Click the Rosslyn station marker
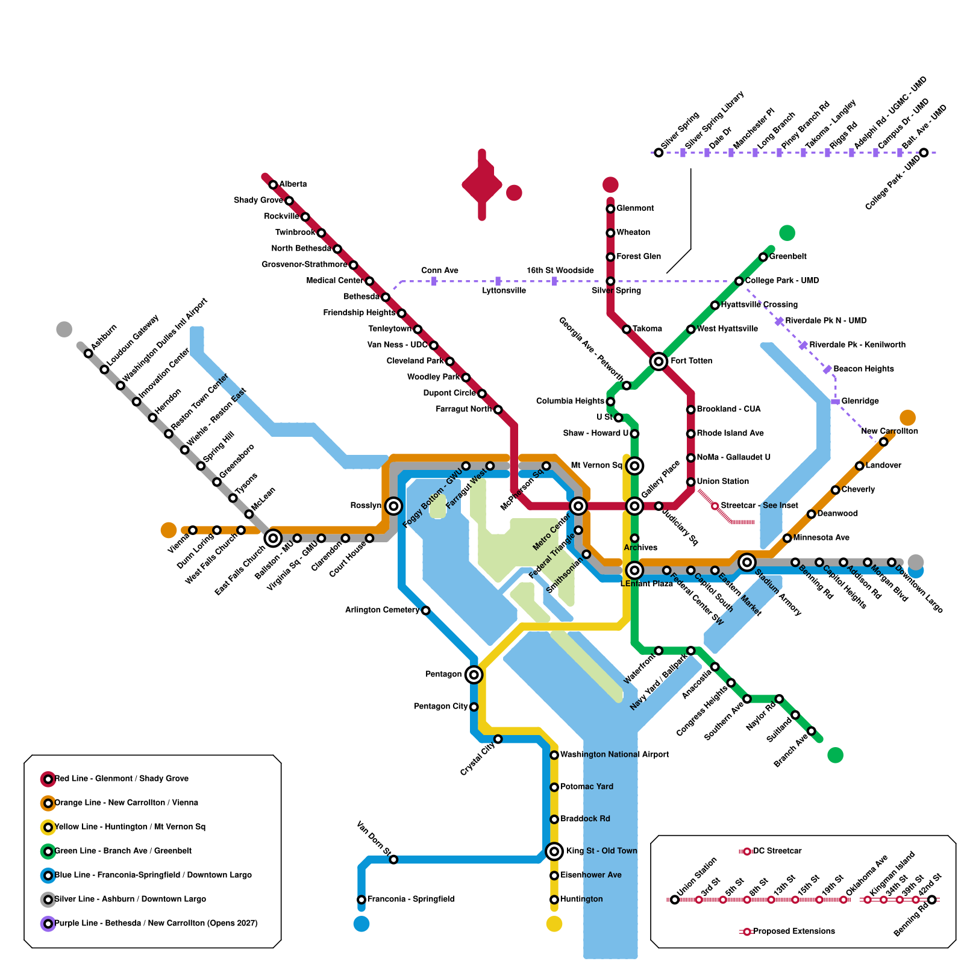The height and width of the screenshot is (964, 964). [393, 505]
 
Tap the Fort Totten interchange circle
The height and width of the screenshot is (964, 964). [659, 361]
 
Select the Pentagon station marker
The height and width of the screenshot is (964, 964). [474, 674]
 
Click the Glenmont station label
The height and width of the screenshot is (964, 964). [635, 208]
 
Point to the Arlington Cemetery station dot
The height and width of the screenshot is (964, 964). [426, 610]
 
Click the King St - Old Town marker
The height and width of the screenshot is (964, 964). [554, 851]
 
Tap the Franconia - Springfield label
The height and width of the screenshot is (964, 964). [411, 900]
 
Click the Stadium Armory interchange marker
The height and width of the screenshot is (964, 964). [747, 562]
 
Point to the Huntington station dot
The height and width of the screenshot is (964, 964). [554, 900]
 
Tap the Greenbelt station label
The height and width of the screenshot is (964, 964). [787, 257]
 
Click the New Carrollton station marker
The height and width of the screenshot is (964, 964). [884, 442]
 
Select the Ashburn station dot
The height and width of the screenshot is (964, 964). [89, 353]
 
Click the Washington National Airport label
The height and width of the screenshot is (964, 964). [615, 755]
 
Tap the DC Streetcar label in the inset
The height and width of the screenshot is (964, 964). [777, 851]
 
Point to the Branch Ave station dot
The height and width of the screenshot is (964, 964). [812, 731]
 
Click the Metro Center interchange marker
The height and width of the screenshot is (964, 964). [578, 505]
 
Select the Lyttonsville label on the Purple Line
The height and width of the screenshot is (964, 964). [504, 291]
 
